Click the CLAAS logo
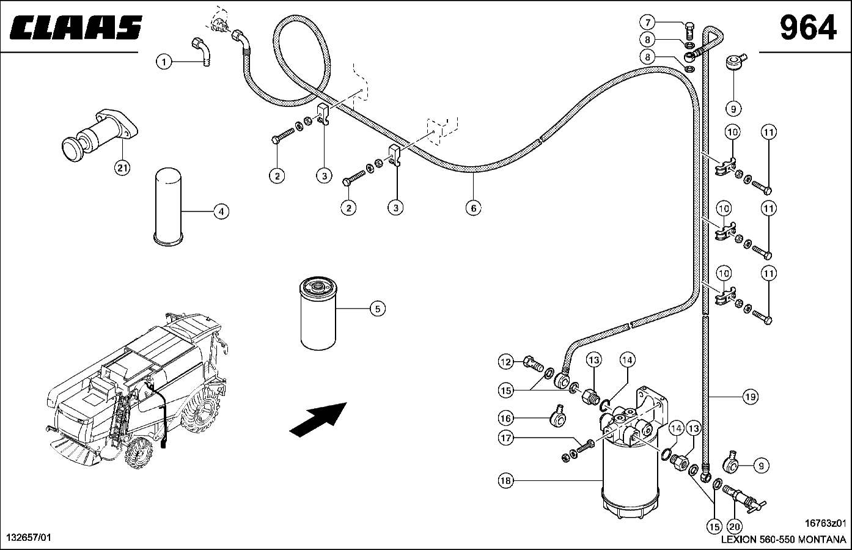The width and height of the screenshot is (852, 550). coord(76,28)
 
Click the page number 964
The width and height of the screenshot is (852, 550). coord(808,28)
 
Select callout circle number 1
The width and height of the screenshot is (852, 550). coord(164,62)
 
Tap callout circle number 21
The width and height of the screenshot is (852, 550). coord(122,167)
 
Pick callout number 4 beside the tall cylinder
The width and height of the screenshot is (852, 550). coord(221,211)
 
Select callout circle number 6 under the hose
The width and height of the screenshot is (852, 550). coord(474,208)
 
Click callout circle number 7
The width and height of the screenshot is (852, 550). coord(647,23)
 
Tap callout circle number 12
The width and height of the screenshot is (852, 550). coord(506,362)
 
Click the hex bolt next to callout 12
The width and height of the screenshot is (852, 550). coord(534,363)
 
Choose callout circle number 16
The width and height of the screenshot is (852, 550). coord(506,419)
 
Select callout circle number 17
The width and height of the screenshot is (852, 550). coord(506,438)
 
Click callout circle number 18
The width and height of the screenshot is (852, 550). coord(506,481)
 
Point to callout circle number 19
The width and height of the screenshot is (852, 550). coord(751,397)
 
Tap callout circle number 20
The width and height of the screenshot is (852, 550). coord(734,526)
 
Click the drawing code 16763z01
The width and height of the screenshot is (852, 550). coord(825,523)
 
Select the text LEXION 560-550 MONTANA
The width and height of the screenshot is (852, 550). coord(784,540)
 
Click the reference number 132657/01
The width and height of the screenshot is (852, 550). coord(29,537)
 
